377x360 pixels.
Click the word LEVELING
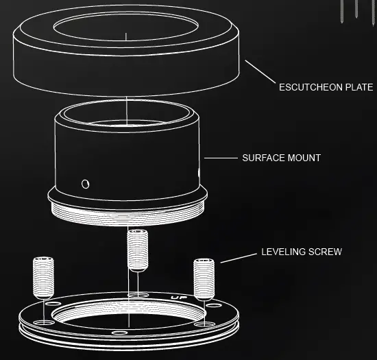tap(283, 252)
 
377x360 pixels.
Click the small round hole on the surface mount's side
tap(85, 183)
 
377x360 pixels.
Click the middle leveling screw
tap(138, 248)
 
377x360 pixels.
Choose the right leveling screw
tap(204, 278)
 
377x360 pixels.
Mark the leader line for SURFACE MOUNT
tap(219, 158)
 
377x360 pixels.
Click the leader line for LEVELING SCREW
tap(236, 257)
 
